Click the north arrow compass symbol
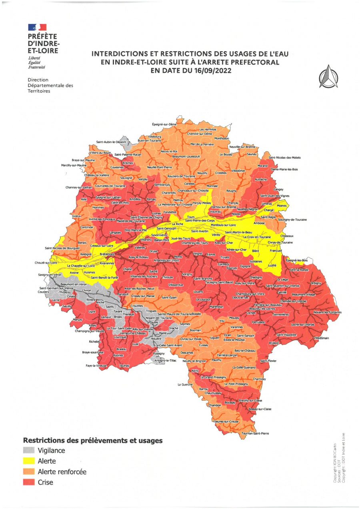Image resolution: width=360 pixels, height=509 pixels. pos(328,76)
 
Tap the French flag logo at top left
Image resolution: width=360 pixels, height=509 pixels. pos(37,27)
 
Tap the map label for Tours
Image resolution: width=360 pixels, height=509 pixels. pos(190,217)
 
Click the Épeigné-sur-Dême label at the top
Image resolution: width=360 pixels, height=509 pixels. pos(164,124)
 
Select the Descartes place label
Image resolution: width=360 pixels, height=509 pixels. pos(187,353)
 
